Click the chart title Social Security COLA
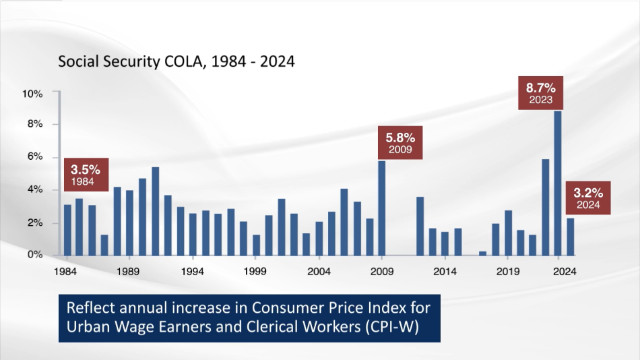point(176,62)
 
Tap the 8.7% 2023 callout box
point(541,93)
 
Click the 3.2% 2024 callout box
point(587,198)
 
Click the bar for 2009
point(381,208)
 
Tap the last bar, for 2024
point(571,237)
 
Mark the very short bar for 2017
point(482,253)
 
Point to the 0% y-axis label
point(34,256)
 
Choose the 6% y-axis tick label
point(34,157)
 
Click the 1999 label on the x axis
point(255,272)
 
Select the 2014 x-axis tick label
point(444,272)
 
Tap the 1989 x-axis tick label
point(129,272)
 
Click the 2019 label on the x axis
point(507,272)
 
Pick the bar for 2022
point(545,208)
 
